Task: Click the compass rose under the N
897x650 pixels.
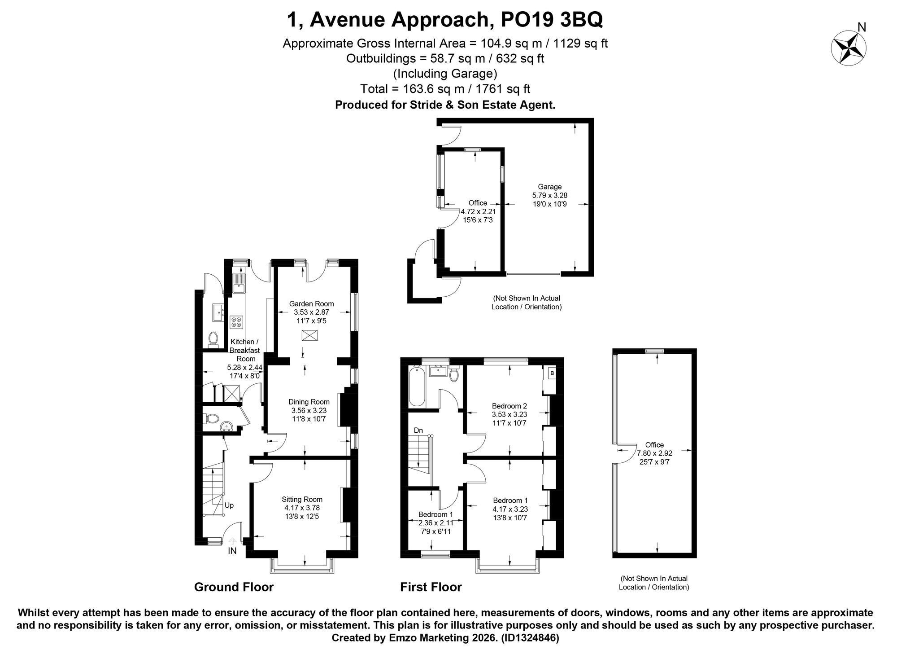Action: (x=849, y=49)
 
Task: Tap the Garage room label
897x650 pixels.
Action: (x=549, y=187)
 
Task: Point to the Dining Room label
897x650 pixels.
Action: (x=309, y=402)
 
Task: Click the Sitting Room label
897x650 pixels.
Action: (x=302, y=499)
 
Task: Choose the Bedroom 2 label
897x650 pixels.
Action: (x=509, y=406)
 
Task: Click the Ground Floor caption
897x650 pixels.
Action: (x=234, y=587)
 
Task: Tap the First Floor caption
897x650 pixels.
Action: (x=431, y=587)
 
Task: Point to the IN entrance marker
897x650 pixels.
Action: (x=232, y=551)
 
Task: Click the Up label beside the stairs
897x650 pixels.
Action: (x=229, y=505)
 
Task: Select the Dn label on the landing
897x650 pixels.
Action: (x=418, y=430)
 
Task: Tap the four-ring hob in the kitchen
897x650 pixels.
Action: (x=236, y=322)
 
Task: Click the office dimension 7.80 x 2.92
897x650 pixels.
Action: (x=654, y=453)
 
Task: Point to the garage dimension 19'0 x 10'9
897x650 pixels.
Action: (x=549, y=204)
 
